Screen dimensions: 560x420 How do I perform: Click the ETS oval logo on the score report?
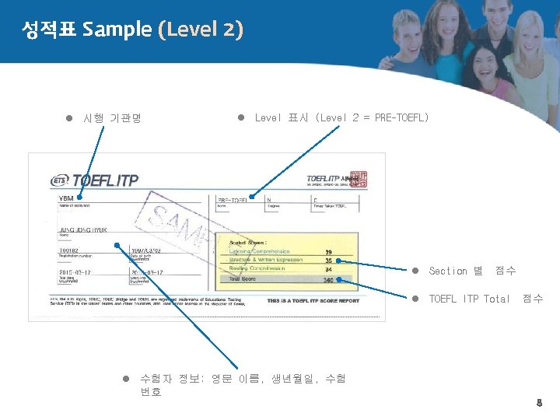(60, 180)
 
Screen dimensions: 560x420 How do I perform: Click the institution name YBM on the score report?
(67, 198)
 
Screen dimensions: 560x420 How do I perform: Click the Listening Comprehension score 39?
(329, 251)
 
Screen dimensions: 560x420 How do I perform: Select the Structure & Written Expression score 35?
(329, 261)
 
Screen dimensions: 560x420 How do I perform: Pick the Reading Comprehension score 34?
(329, 269)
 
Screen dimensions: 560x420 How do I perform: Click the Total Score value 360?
(328, 279)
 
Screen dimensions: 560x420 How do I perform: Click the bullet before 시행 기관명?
(68, 119)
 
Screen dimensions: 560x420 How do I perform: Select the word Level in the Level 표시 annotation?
(267, 117)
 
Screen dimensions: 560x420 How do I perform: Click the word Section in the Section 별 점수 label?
(448, 271)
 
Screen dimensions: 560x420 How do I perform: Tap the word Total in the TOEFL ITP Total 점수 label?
(497, 299)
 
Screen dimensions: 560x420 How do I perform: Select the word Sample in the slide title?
(117, 30)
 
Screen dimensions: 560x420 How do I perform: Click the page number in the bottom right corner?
(537, 403)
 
